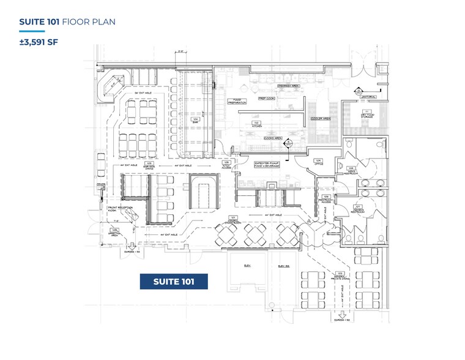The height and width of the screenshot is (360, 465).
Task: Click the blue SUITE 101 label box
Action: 174,282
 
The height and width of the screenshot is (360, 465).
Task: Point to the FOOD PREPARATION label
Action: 238,101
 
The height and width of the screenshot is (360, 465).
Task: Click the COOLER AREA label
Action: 321,118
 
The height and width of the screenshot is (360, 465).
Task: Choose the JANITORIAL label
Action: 368,97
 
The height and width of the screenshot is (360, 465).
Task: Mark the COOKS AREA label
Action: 273,138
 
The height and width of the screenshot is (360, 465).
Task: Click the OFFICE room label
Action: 318,163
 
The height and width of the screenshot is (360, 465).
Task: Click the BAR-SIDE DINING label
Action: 148,165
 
